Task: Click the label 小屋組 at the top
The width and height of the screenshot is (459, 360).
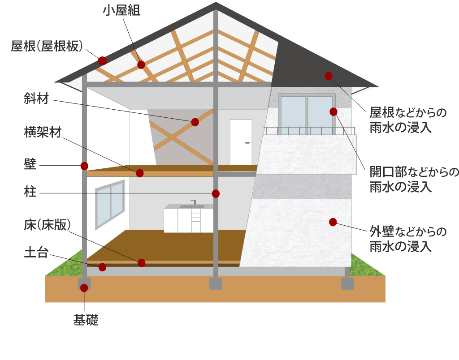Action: point(121,11)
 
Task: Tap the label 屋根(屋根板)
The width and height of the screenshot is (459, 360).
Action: point(47,47)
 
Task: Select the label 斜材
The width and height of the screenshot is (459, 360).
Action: point(36,99)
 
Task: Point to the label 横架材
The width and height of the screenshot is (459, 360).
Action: point(43,133)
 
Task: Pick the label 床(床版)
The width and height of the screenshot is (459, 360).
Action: point(47,225)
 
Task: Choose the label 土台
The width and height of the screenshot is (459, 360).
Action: point(36,253)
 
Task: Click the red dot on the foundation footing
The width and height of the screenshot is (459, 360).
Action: point(84,288)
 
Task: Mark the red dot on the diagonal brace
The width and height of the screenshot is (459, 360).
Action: point(195,122)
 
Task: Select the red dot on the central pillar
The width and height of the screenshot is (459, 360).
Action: point(216,193)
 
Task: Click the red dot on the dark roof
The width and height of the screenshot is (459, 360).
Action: point(329,76)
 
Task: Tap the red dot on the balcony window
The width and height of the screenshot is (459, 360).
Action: point(333,111)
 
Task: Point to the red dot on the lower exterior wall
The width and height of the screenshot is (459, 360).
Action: point(333,222)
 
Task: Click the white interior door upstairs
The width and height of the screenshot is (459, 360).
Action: point(241,142)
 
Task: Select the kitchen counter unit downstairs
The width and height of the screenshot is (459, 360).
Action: point(188,219)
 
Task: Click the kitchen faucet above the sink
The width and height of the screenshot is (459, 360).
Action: point(194,202)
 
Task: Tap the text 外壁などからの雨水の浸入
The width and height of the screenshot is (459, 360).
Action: point(408,239)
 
